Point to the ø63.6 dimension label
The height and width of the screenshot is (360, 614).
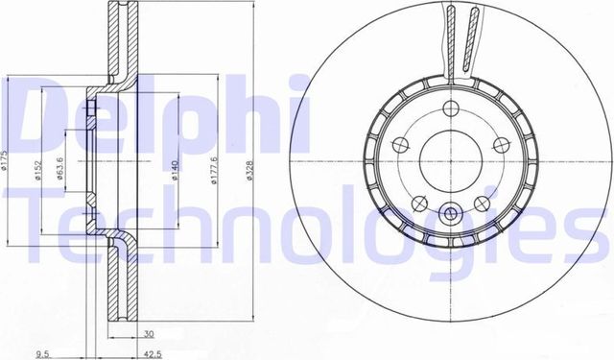tap(59, 169)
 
